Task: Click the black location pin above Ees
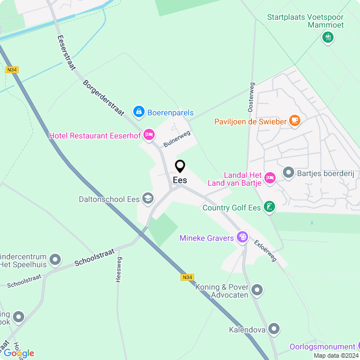180,166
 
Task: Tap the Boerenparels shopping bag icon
138,112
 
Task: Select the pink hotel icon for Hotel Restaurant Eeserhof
149,134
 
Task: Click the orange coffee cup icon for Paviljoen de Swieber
294,120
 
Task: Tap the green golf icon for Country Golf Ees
270,208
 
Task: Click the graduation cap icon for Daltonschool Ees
148,198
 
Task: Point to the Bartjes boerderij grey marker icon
289,172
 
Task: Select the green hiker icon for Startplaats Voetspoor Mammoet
327,38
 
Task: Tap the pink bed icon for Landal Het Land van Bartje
270,178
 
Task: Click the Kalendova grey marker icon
274,328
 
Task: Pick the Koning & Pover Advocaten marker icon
258,290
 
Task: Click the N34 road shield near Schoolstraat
187,277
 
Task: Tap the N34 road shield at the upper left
12,70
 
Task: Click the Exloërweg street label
265,250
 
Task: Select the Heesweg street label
119,268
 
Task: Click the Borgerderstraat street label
103,97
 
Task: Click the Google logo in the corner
19,353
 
